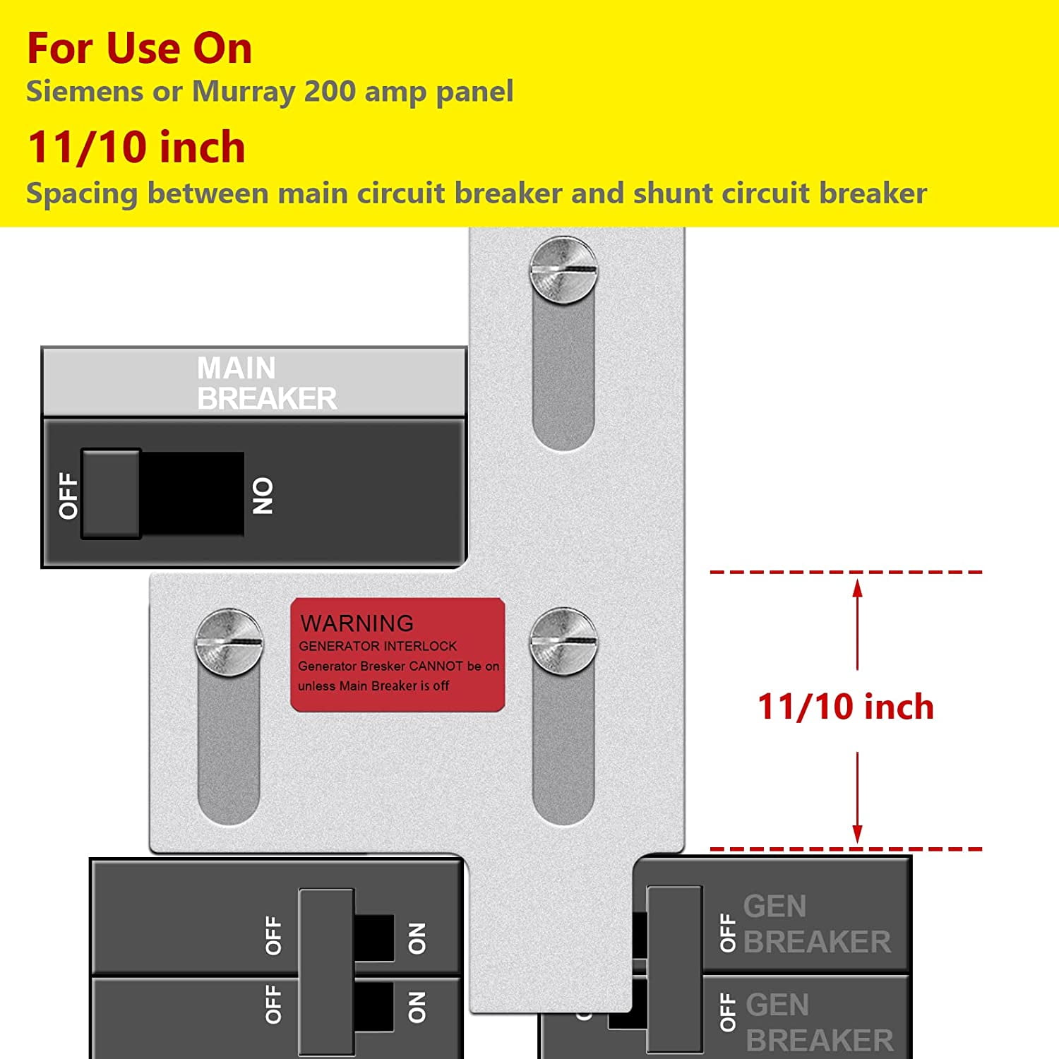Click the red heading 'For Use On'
pyautogui.click(x=139, y=48)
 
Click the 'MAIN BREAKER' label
pyautogui.click(x=266, y=383)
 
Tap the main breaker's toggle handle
pyautogui.click(x=112, y=493)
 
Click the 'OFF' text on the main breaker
pyautogui.click(x=68, y=496)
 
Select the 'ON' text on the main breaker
pyautogui.click(x=263, y=496)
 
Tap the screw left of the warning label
pyautogui.click(x=229, y=642)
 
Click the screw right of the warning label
pyautogui.click(x=563, y=642)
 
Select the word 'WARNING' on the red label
pyautogui.click(x=357, y=623)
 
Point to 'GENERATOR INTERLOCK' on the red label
pyautogui.click(x=378, y=646)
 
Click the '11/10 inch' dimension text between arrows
pyautogui.click(x=845, y=707)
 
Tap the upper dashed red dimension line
pyautogui.click(x=845, y=572)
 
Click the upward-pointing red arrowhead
pyautogui.click(x=857, y=587)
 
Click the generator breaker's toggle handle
pyautogui.click(x=674, y=967)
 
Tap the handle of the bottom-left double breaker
pyautogui.click(x=327, y=971)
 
